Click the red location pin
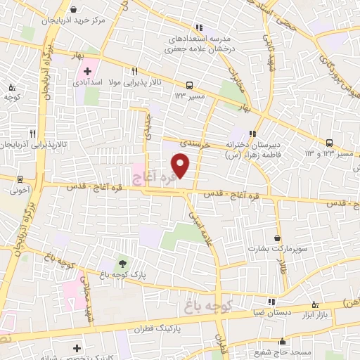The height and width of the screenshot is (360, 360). coord(181,166)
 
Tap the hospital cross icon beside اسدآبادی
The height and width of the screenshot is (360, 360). coord(88,71)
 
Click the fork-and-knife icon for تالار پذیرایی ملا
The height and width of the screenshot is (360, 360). coord(134,71)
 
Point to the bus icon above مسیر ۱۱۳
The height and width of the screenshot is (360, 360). coord(190,83)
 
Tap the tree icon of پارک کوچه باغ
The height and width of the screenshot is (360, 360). coord(123,262)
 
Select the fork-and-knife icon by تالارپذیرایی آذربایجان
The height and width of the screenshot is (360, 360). coord(32,133)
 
